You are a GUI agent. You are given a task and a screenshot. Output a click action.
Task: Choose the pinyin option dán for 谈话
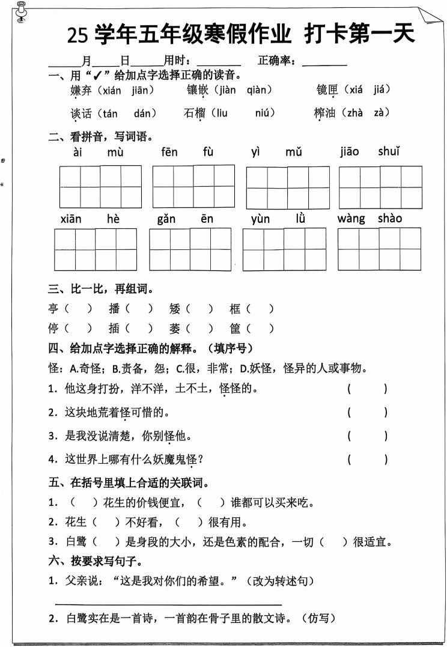coord(145,113)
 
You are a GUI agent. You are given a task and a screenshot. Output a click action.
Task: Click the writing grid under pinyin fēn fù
coord(193,186)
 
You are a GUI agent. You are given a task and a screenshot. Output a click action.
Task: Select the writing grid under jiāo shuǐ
coord(380,187)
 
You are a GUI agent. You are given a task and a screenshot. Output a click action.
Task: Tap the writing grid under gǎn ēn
coord(190,249)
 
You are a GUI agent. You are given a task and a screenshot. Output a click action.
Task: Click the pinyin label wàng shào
coord(369,218)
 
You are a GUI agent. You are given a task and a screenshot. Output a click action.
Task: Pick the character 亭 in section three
coord(53,309)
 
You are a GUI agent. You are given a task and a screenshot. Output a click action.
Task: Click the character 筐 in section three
coord(235,328)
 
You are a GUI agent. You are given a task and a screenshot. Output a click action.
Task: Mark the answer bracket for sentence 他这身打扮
coord(367,389)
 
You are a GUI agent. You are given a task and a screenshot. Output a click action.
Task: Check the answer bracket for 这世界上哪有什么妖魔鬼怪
coord(367,460)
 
